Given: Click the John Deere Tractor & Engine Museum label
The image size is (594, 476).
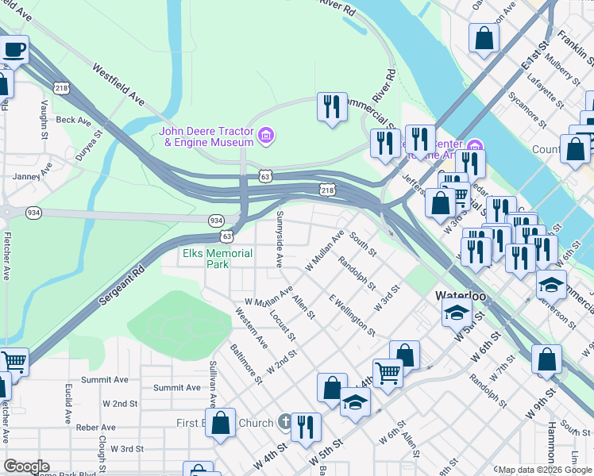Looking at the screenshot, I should coord(206,136).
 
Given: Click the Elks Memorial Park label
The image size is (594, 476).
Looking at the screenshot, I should coord(218,259).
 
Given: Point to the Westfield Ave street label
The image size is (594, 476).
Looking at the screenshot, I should coord(118,85).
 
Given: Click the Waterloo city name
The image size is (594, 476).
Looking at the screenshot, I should coord(461,295).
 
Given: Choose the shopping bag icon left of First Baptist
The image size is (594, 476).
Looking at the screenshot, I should coord(221,422).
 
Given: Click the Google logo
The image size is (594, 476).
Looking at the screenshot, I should coord(26,466).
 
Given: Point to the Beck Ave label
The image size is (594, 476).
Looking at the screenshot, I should coord(73,121).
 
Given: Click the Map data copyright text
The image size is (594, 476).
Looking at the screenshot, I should coord(545,470).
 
